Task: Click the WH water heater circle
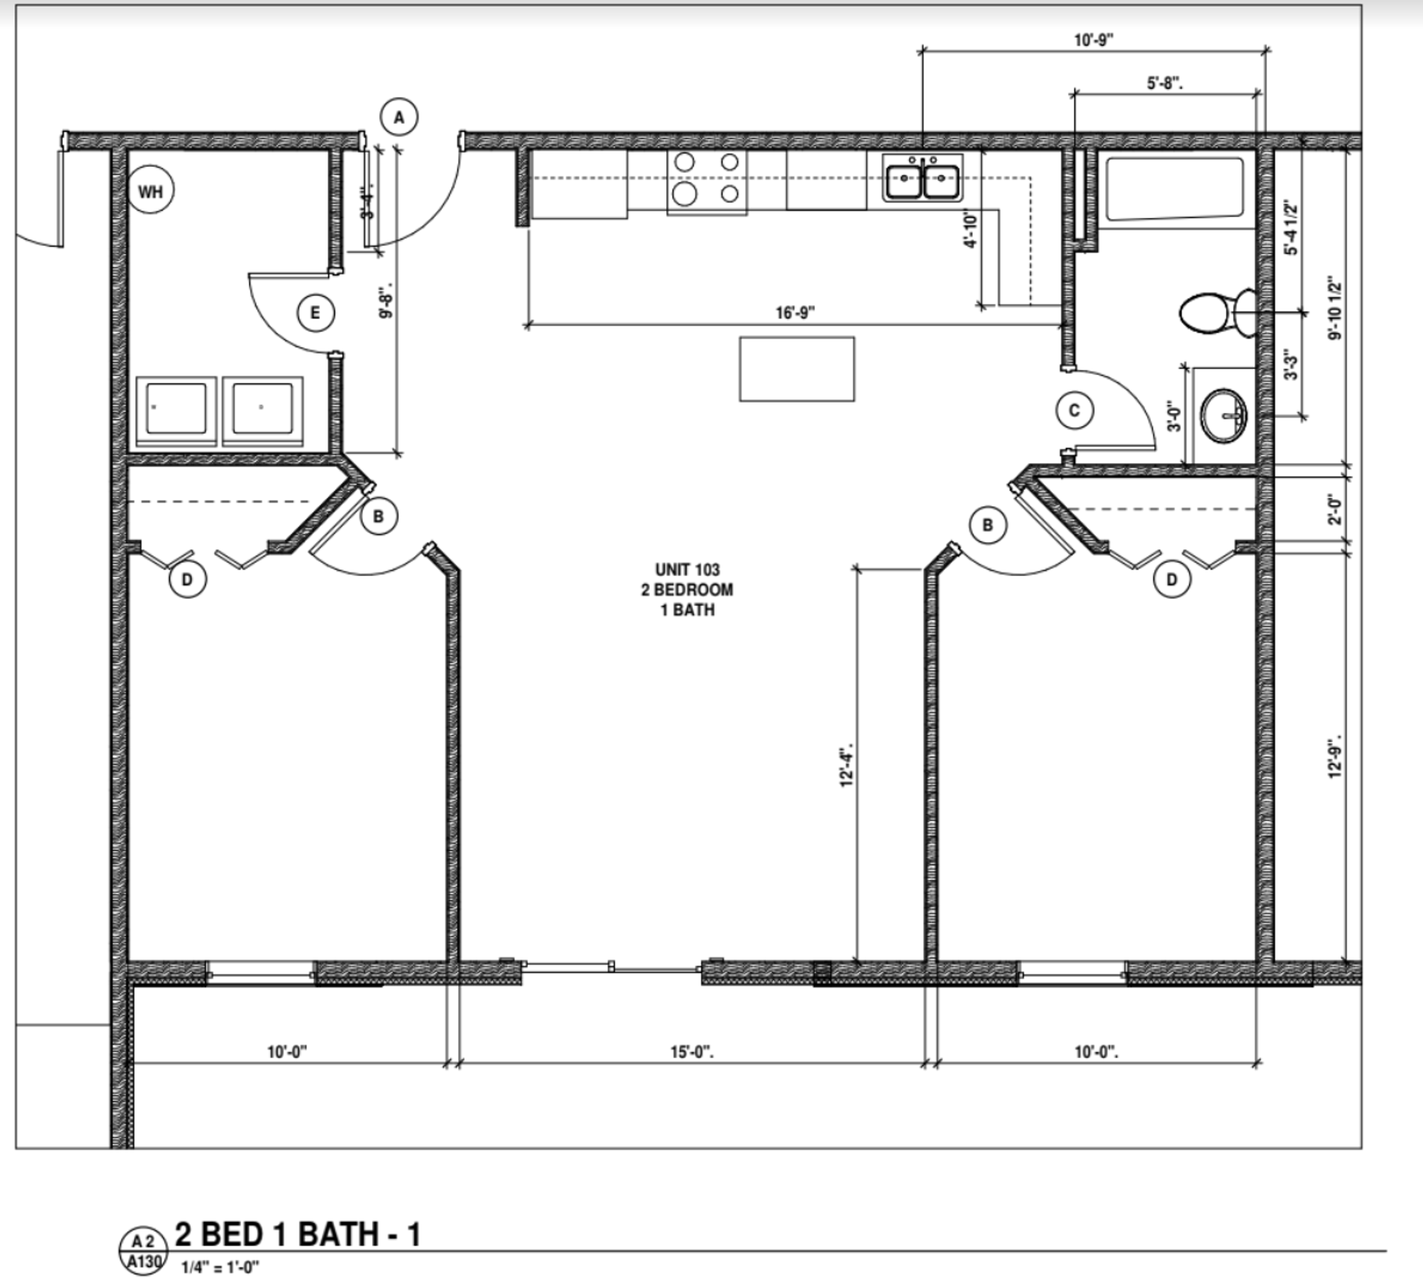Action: pos(150,192)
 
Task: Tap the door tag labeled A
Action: pos(399,117)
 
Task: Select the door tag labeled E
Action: pos(315,313)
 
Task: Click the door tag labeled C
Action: pos(1074,410)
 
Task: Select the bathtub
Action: pos(1175,188)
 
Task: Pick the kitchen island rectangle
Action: pos(797,369)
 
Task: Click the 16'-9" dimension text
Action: pos(795,313)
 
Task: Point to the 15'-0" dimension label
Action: pos(691,1052)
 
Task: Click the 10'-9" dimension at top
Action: pos(1094,40)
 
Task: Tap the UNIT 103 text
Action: pos(687,569)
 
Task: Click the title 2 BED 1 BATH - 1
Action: pos(297,1234)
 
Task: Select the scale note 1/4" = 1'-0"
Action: pos(220,1267)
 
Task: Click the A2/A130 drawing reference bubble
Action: pos(143,1252)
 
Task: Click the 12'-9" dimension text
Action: pos(1336,758)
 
